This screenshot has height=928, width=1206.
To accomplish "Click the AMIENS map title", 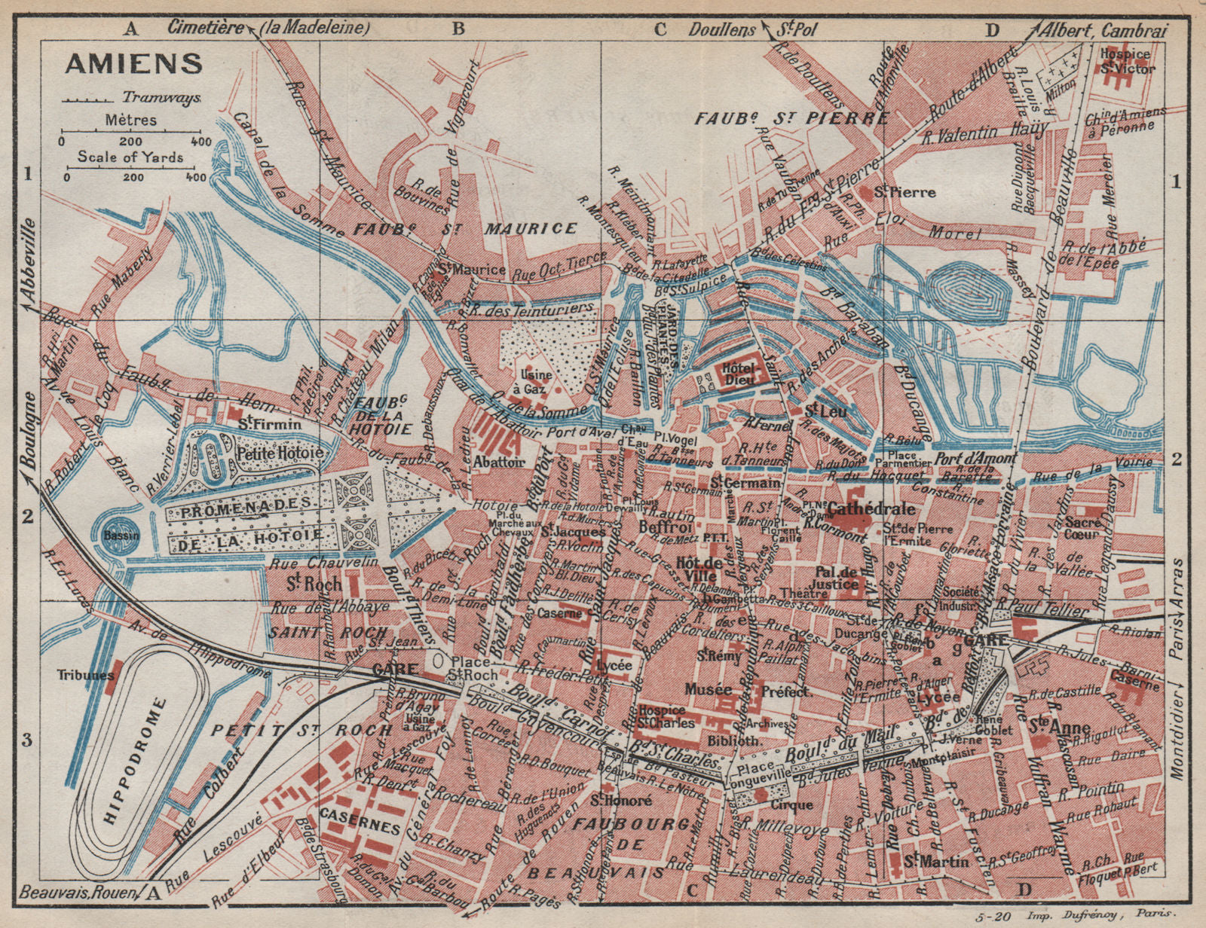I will pyautogui.click(x=133, y=63).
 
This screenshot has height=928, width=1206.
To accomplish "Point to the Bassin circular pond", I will pyautogui.click(x=115, y=529).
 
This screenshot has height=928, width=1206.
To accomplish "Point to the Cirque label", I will pyautogui.click(x=791, y=804).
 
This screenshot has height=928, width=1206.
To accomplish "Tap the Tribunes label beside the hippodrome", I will pyautogui.click(x=84, y=675).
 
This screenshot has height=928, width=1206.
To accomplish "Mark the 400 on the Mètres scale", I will pyautogui.click(x=200, y=141).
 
